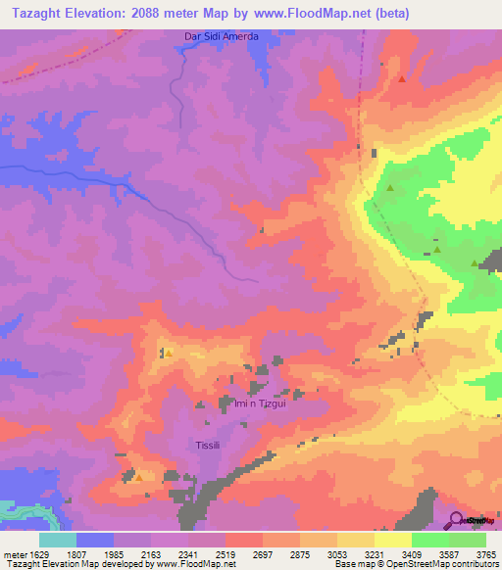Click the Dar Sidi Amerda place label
[x=222, y=36]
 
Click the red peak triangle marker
[x=401, y=78]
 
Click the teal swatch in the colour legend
[x=58, y=541]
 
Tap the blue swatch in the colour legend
[x=95, y=541]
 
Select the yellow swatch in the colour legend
[x=393, y=541]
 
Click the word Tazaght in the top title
[x=35, y=14]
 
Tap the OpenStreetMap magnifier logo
[x=455, y=519]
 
